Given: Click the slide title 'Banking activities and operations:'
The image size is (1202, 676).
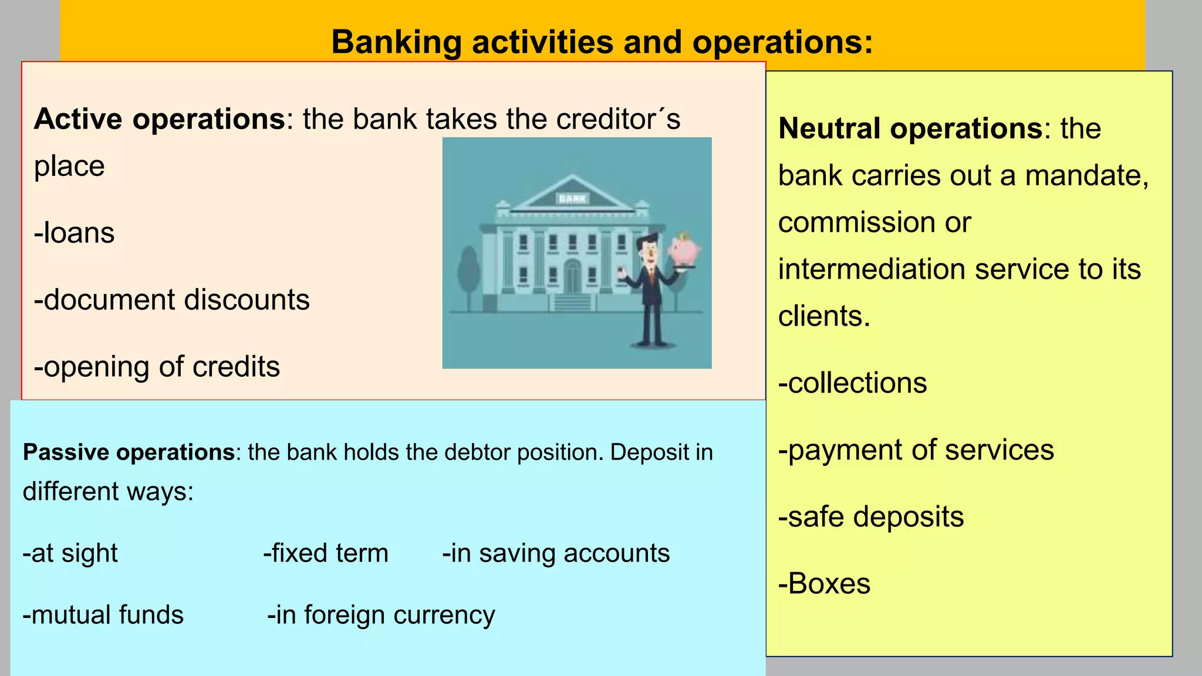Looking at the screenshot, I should pyautogui.click(x=602, y=42).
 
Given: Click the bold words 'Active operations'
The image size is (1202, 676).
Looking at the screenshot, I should pyautogui.click(x=160, y=119).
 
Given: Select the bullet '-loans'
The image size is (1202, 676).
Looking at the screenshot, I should pyautogui.click(x=75, y=233).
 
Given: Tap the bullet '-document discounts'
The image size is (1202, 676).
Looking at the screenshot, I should pyautogui.click(x=172, y=300).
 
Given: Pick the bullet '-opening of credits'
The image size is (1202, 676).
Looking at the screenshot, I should pyautogui.click(x=157, y=367).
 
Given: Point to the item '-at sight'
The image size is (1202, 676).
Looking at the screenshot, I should pyautogui.click(x=70, y=553).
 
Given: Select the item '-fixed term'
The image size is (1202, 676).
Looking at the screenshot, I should pyautogui.click(x=326, y=553).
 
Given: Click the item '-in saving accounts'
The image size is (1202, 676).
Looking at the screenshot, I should pyautogui.click(x=556, y=553).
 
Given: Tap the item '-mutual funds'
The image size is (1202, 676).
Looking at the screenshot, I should pyautogui.click(x=103, y=615).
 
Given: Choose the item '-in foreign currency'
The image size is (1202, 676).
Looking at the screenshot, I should pyautogui.click(x=381, y=615).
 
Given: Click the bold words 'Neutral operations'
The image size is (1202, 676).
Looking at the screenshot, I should pyautogui.click(x=910, y=129).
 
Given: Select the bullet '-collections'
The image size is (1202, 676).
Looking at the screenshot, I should pyautogui.click(x=853, y=383).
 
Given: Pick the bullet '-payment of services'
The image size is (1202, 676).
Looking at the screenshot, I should pyautogui.click(x=916, y=450).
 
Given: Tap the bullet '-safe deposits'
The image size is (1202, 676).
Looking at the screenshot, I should pyautogui.click(x=871, y=517).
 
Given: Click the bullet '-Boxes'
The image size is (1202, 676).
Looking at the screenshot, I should pyautogui.click(x=825, y=584).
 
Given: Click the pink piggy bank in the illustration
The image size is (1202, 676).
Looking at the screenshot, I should pyautogui.click(x=684, y=250).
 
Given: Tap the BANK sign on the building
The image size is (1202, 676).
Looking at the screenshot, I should pyautogui.click(x=572, y=199).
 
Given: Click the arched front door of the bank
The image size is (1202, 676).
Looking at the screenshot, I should pyautogui.click(x=572, y=276).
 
